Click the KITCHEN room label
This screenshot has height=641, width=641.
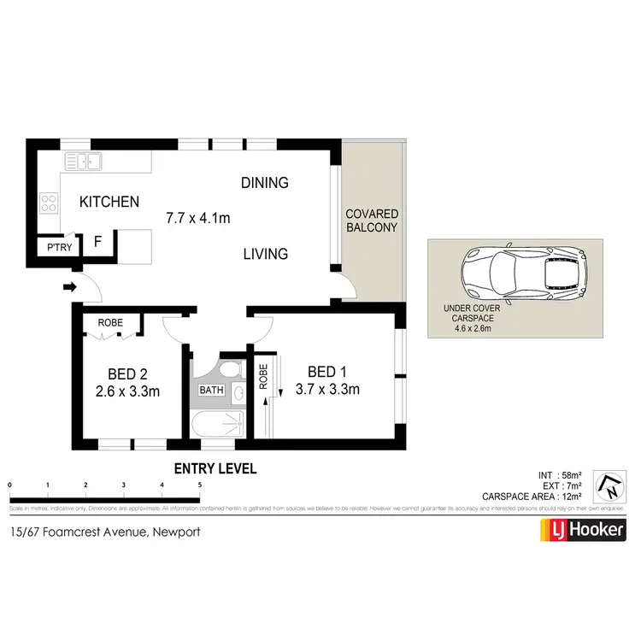[109, 203]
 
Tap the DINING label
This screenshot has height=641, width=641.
[264, 183]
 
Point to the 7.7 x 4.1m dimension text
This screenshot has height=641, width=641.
[198, 218]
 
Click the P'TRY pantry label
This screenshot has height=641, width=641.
[58, 248]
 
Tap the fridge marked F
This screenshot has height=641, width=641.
[97, 242]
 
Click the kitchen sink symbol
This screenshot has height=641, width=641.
[84, 160]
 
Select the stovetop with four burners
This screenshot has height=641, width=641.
[49, 203]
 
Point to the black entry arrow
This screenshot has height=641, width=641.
[68, 287]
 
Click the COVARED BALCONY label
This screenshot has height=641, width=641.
[372, 221]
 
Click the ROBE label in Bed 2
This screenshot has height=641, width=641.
[109, 323]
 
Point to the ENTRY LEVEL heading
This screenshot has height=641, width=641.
[215, 468]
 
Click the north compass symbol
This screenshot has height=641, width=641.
[611, 486]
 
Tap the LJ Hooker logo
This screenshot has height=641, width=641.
[582, 532]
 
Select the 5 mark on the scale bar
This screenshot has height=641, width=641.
[200, 485]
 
